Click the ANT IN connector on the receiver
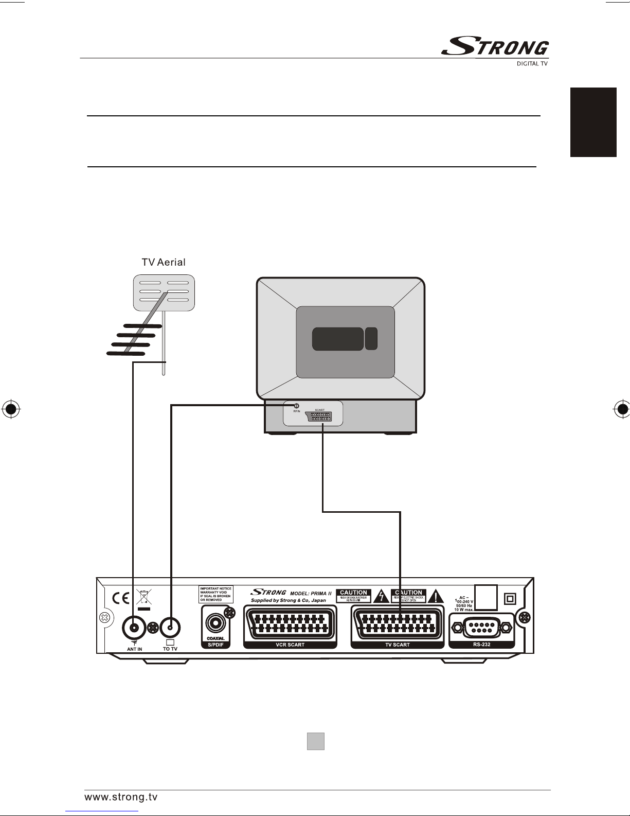coord(134,628)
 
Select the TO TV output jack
coord(170,628)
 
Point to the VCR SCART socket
coord(290,624)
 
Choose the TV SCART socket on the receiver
coord(397,624)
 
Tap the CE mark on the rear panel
coord(121,598)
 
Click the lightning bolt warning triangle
coord(381,596)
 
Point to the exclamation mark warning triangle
coord(436,596)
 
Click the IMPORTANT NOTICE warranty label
coord(216,594)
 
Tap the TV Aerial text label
coord(164,262)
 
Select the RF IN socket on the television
coord(296,406)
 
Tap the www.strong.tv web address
coord(121,797)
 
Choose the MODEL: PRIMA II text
coord(311,593)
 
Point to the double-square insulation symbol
coord(510,598)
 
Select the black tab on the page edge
coord(593,122)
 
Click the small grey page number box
coord(316,741)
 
